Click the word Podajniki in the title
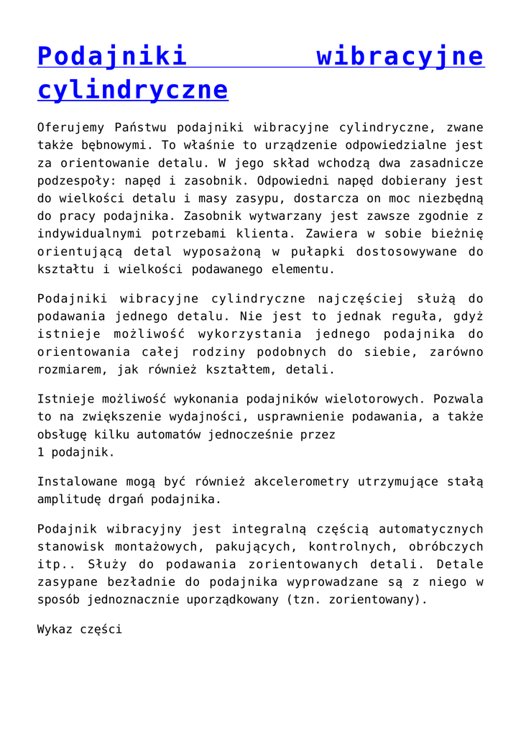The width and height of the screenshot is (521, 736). click(112, 55)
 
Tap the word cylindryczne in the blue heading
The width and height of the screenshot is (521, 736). click(132, 90)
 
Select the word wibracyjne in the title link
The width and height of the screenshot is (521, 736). click(400, 55)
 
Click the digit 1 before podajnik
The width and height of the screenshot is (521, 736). click(41, 453)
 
